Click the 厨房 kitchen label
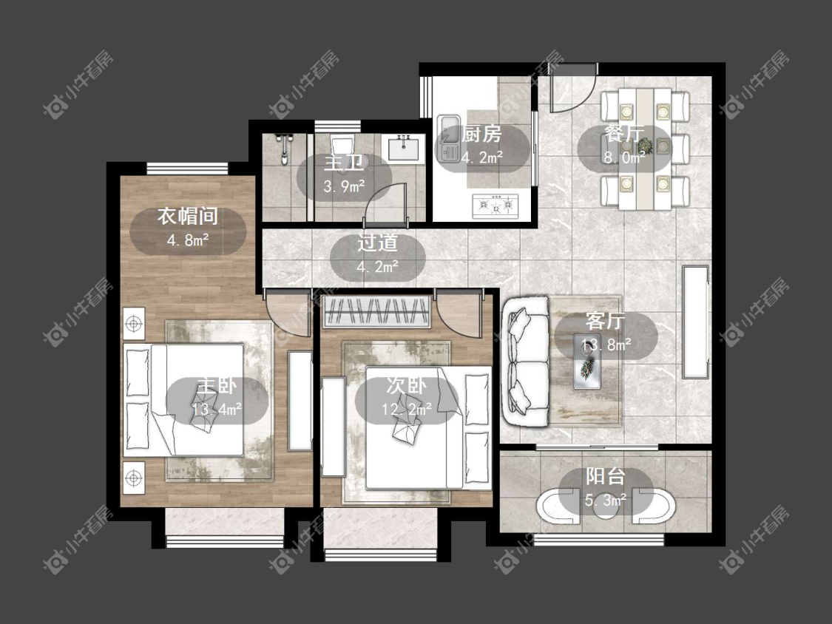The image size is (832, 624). click(x=481, y=135)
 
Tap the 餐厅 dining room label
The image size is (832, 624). click(x=624, y=134)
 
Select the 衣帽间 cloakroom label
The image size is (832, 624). click(x=187, y=216)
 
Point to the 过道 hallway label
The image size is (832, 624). click(x=377, y=243)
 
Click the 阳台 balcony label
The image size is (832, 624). click(x=606, y=476)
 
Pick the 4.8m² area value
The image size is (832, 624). click(x=188, y=240)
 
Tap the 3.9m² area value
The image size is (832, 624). click(x=344, y=186)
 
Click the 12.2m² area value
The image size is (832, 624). click(x=407, y=409)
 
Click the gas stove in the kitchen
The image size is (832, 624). click(x=496, y=206)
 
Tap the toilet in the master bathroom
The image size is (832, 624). click(x=342, y=148)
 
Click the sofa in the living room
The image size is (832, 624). click(x=525, y=362)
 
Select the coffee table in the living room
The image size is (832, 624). click(x=587, y=362)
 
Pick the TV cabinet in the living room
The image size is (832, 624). click(x=696, y=322)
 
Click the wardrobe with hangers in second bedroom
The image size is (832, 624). click(x=376, y=311)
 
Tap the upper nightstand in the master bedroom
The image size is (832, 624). click(x=135, y=322)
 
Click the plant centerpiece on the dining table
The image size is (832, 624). click(x=645, y=144)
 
